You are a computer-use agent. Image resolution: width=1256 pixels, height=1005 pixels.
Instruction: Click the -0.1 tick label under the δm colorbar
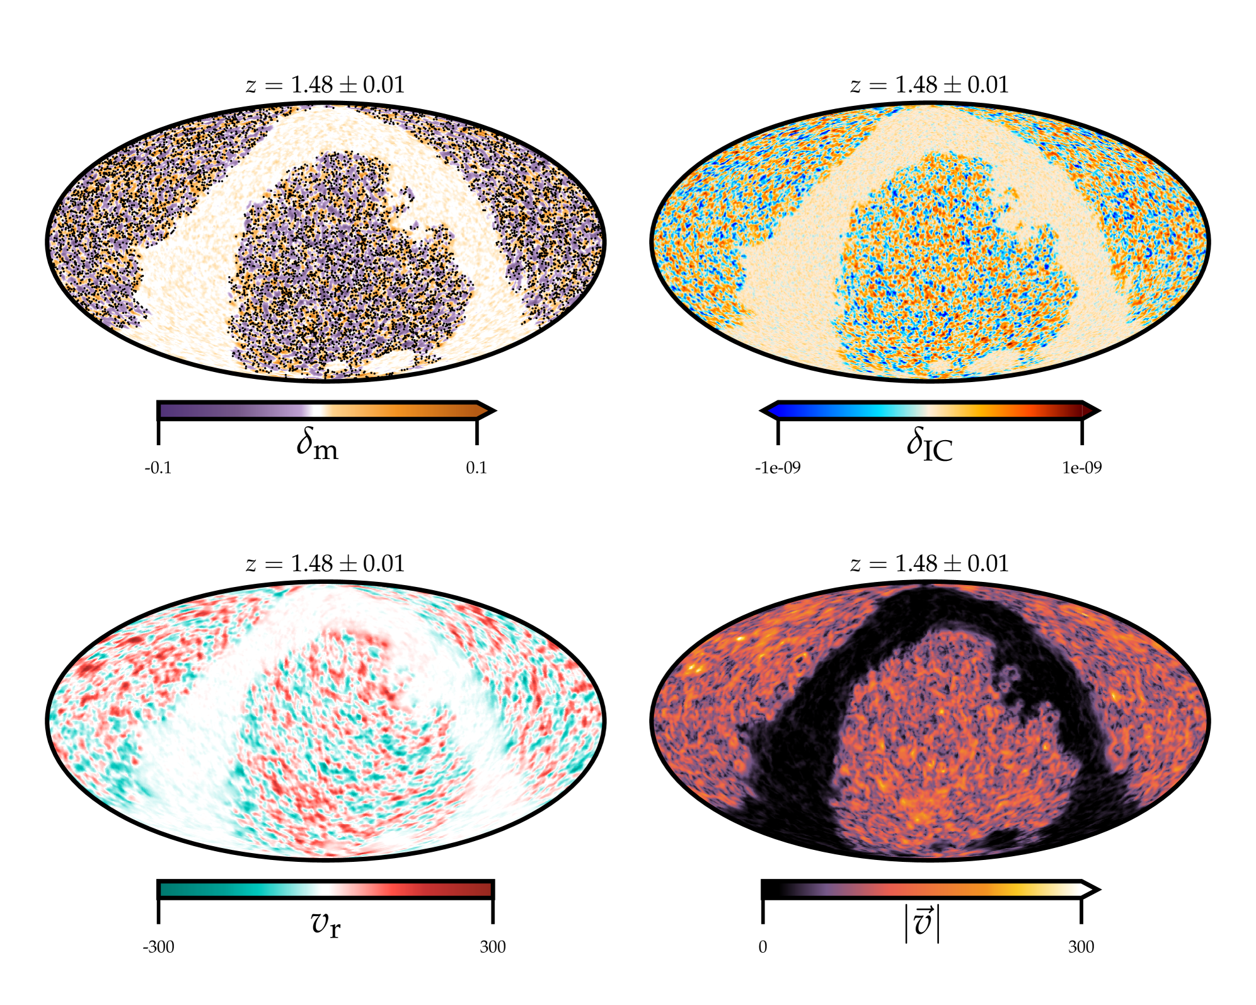158,468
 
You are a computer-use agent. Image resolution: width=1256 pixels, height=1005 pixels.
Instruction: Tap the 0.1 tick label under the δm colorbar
476,468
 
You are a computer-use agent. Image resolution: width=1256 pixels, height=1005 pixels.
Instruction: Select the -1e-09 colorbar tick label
778,468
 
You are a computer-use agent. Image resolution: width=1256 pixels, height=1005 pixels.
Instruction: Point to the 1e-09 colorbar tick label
1081,468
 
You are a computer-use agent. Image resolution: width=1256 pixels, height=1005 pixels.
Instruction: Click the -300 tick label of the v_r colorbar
158,947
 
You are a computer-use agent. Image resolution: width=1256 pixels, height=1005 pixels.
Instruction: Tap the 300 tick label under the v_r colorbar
492,947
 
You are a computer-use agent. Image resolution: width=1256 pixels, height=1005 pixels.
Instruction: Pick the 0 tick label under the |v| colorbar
763,947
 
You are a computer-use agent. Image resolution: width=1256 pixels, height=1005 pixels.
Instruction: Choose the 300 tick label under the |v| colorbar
1081,947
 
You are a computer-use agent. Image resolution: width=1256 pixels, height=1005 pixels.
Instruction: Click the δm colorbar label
317,443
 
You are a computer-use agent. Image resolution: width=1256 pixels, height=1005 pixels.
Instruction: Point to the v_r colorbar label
325,924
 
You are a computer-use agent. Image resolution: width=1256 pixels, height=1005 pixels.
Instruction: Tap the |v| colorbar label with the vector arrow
922,924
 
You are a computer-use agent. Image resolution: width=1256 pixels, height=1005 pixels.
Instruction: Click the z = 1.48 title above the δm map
325,84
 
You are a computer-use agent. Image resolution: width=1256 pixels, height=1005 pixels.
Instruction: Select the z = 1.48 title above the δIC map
930,84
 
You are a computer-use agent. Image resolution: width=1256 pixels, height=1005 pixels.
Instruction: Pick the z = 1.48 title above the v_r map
325,564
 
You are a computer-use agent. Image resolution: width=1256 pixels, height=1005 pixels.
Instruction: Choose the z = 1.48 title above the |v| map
930,564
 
